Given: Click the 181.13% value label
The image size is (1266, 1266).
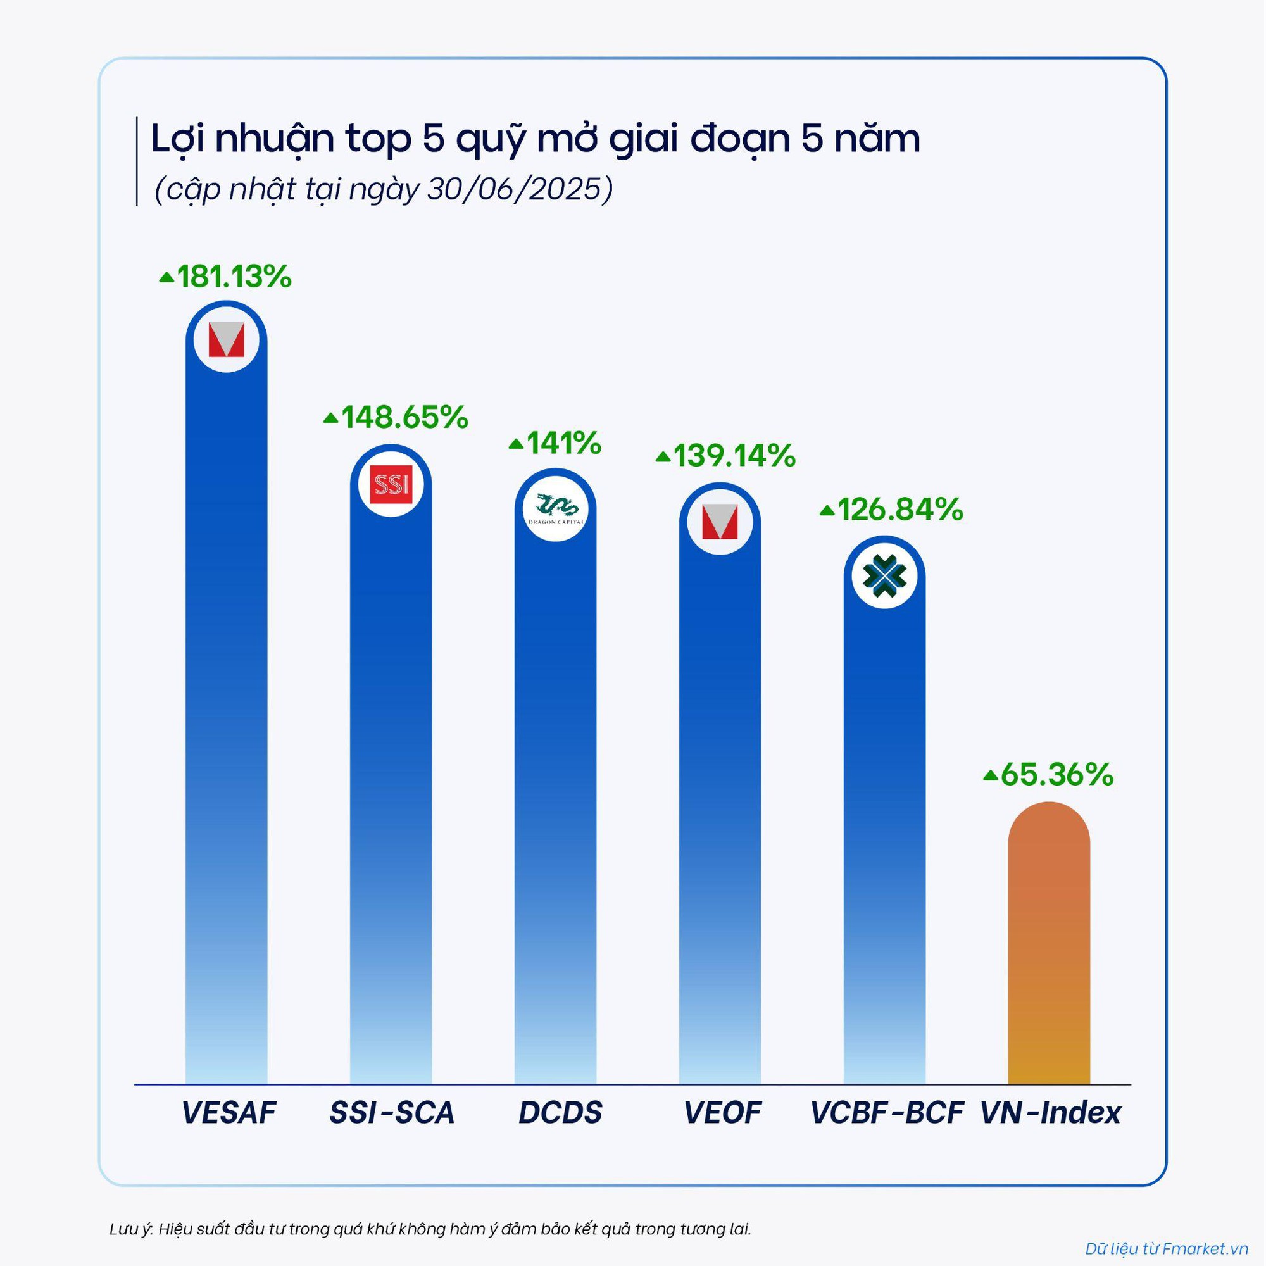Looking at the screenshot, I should (x=226, y=277).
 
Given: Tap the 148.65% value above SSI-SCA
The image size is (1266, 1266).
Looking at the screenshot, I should (x=396, y=417).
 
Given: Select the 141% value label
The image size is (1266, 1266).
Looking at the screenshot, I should (x=556, y=444).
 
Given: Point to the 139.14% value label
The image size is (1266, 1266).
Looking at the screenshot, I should (x=726, y=456).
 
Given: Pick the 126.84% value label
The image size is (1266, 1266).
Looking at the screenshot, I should (x=892, y=510).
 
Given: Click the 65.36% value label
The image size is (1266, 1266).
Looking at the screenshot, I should (x=1049, y=775).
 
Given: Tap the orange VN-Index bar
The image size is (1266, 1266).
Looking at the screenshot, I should (x=1048, y=950).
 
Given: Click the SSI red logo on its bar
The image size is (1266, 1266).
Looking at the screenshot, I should (x=391, y=485).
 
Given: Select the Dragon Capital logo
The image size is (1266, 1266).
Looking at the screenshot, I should (x=556, y=510).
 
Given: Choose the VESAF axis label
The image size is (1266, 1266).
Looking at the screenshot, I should (x=229, y=1113).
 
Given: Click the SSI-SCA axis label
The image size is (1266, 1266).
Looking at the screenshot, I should (x=392, y=1113).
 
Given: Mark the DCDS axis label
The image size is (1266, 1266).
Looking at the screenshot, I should (x=560, y=1113).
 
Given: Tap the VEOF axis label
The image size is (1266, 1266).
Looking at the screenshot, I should (x=723, y=1113).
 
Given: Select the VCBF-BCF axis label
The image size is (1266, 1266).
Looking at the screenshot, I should (x=887, y=1113).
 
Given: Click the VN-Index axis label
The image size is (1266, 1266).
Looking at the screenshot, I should (x=1050, y=1113).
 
